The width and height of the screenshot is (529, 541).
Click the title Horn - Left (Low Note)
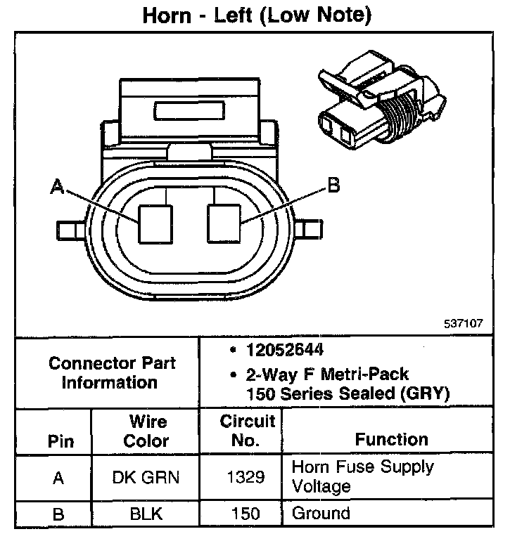pos(257,15)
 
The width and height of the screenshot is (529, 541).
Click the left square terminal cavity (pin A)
pos(155,223)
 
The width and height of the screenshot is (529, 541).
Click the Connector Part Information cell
pos(112,373)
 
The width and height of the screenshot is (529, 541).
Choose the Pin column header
pos(60,442)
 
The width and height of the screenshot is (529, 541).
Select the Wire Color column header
pos(148,431)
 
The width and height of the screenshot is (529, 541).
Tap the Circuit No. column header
pos(247,431)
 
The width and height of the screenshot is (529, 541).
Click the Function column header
pos(391,439)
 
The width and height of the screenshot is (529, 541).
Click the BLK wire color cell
pos(146,514)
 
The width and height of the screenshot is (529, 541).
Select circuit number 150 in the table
pos(246,514)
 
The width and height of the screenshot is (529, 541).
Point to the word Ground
pos(320,513)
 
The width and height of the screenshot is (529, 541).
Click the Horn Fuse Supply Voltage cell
pos(362,476)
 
